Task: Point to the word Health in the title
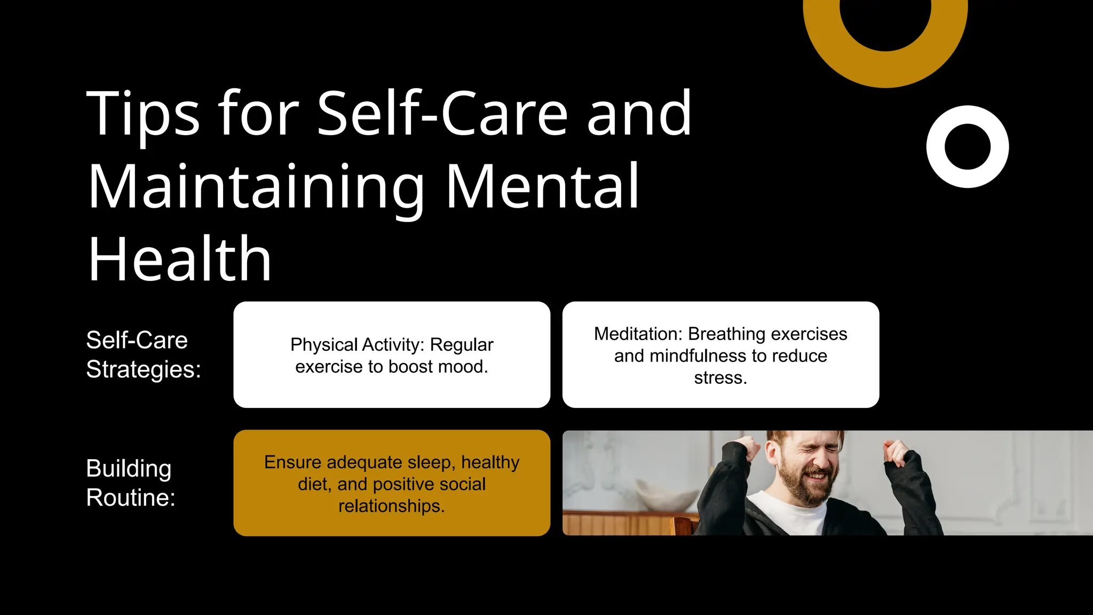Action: (x=180, y=259)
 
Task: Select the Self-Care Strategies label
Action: (x=143, y=354)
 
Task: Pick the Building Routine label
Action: (x=130, y=483)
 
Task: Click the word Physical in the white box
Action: (x=324, y=345)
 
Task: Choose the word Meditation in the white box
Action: (x=637, y=334)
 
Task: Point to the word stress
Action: (x=720, y=378)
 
